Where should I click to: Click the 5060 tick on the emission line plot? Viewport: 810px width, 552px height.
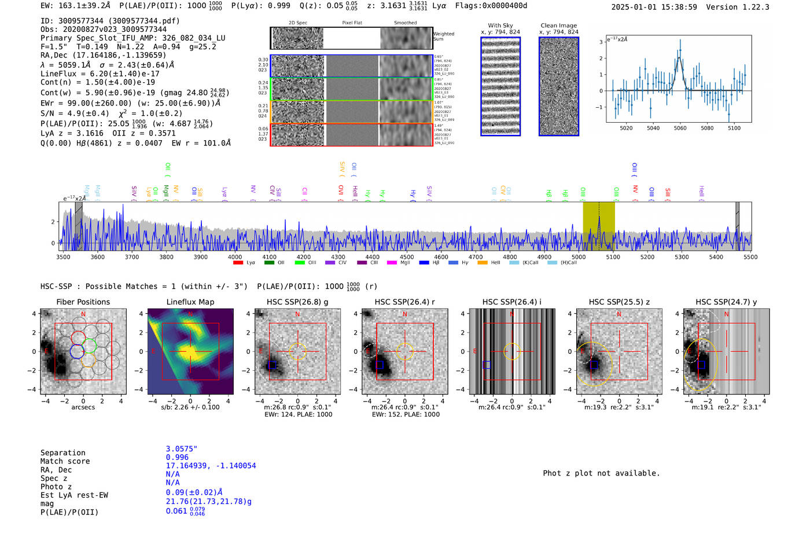click(680, 128)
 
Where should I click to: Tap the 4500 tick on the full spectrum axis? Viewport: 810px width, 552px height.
click(407, 257)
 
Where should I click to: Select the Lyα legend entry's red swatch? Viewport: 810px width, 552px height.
click(238, 263)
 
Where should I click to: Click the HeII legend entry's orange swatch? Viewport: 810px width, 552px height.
click(483, 263)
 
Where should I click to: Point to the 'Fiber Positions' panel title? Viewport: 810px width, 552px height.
click(83, 302)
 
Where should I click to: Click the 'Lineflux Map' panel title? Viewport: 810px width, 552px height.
click(190, 302)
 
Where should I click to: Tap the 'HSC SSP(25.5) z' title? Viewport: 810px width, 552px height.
click(619, 302)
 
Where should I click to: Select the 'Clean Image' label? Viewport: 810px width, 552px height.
click(558, 25)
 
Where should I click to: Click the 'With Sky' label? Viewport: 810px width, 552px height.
click(500, 25)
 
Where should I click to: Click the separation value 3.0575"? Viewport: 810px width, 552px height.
click(182, 449)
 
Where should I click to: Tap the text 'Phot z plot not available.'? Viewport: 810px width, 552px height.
click(601, 473)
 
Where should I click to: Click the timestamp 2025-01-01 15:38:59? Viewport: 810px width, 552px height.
click(654, 7)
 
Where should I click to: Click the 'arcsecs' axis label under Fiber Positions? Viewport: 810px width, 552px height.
click(83, 407)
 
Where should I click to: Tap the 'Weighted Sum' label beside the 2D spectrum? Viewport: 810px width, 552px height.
click(443, 36)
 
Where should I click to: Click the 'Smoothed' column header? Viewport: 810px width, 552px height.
click(405, 23)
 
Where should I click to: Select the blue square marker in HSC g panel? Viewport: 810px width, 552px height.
click(273, 365)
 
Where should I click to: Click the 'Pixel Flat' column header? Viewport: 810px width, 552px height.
click(352, 23)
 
